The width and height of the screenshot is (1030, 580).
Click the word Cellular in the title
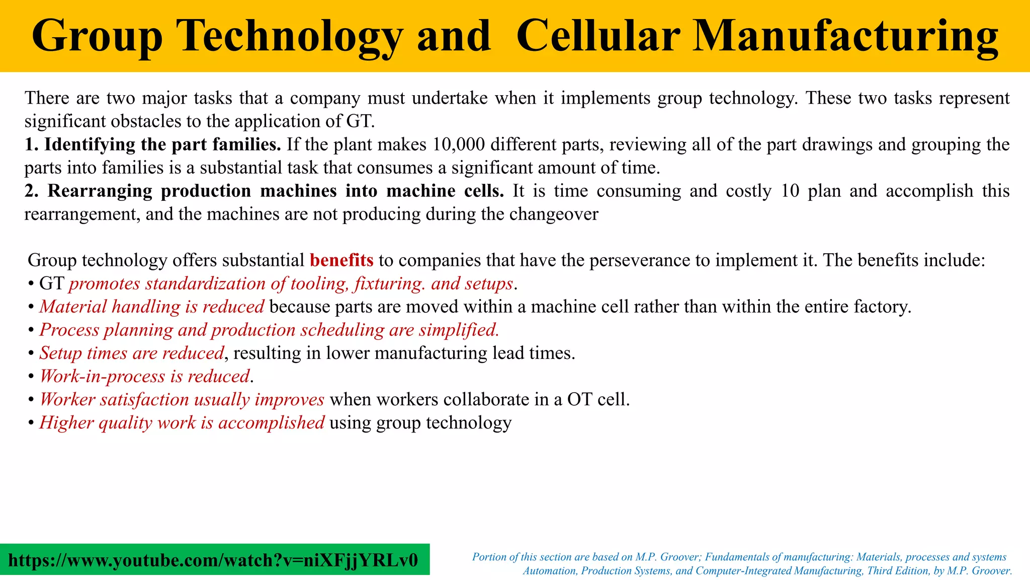point(598,36)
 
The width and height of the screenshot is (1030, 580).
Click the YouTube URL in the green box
point(213,560)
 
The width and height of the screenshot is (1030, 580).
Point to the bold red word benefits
point(341,260)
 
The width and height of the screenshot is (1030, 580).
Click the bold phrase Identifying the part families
point(153,145)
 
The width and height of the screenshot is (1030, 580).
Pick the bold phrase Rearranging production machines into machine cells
point(264,191)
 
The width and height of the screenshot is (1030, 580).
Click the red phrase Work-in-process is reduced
point(144,377)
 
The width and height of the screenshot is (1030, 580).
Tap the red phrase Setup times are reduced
point(132,353)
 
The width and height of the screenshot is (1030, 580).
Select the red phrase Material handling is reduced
point(151,307)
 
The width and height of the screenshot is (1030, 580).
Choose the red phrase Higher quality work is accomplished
point(182,423)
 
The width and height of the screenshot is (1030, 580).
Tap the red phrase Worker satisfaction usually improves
point(182,400)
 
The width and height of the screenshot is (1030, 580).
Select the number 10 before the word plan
point(790,191)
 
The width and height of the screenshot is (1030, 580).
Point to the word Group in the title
point(97,36)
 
